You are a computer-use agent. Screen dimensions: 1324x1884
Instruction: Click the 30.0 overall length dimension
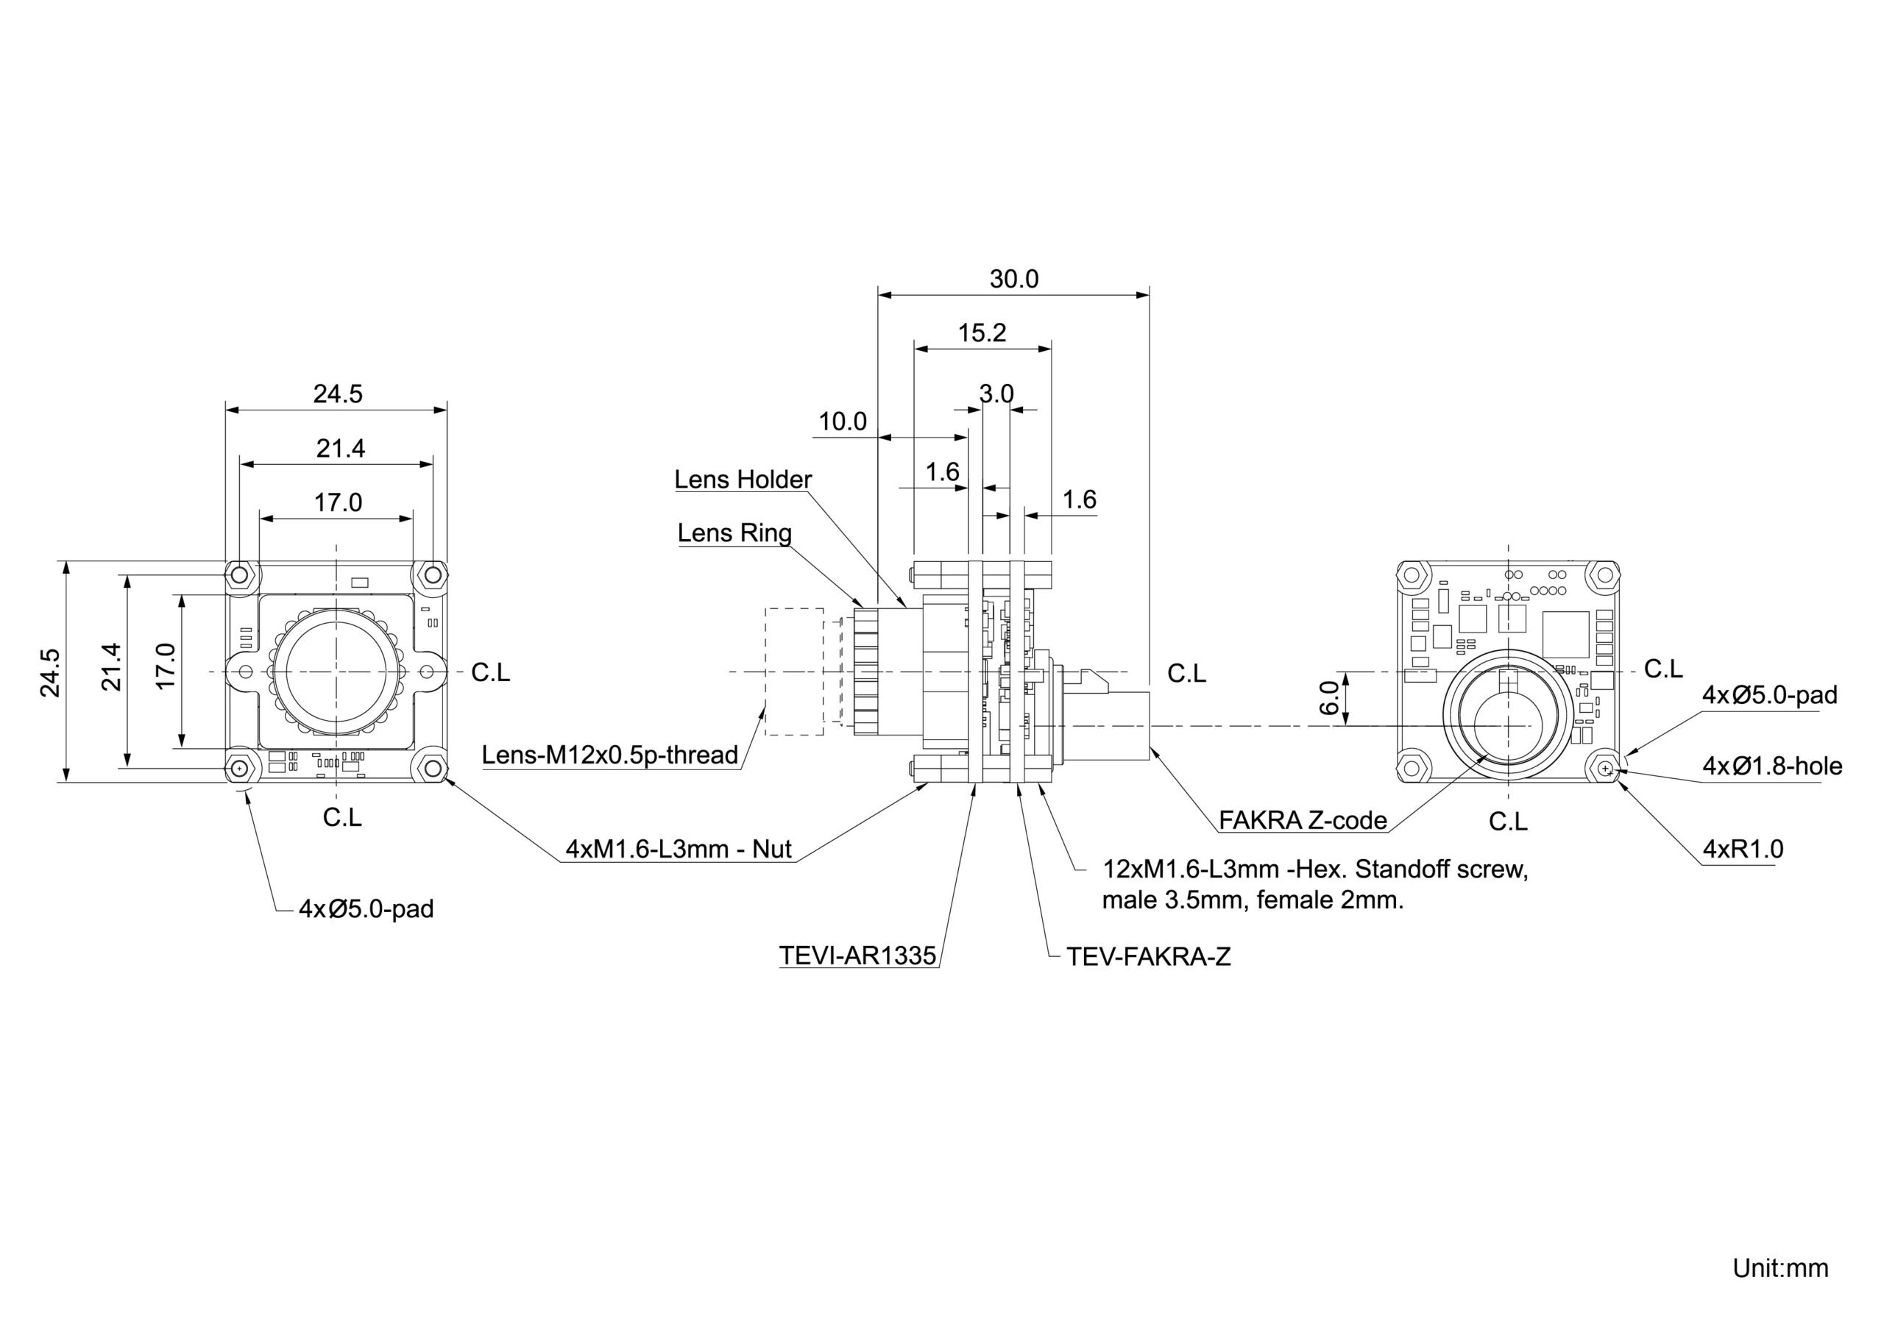pyautogui.click(x=1013, y=280)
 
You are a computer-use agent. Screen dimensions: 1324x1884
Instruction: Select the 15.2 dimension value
pyautogui.click(x=982, y=333)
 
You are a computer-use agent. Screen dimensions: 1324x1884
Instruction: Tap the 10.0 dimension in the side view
pyautogui.click(x=843, y=421)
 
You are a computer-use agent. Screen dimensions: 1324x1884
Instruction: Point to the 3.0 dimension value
pyautogui.click(x=996, y=394)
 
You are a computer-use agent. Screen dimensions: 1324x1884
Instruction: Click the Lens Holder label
pyautogui.click(x=743, y=480)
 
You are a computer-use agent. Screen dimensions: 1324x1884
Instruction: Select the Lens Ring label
pyautogui.click(x=734, y=533)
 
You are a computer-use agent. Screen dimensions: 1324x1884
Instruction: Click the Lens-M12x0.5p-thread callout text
pyautogui.click(x=609, y=755)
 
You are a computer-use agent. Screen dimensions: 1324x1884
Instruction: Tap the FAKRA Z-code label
pyautogui.click(x=1302, y=820)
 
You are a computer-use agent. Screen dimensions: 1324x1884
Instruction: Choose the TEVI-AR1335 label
pyautogui.click(x=857, y=955)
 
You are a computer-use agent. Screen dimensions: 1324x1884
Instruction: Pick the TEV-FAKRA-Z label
pyautogui.click(x=1148, y=956)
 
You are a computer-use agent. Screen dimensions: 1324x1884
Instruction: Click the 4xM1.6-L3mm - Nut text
pyautogui.click(x=679, y=849)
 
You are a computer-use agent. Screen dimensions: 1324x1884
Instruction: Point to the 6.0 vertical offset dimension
pyautogui.click(x=1330, y=697)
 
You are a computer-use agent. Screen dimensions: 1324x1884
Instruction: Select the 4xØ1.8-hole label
pyautogui.click(x=1771, y=766)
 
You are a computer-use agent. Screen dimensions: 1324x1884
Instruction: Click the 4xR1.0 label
pyautogui.click(x=1743, y=849)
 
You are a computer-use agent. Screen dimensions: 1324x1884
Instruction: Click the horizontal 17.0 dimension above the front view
pyautogui.click(x=337, y=503)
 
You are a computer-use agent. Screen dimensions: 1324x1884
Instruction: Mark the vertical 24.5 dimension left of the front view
pyautogui.click(x=50, y=672)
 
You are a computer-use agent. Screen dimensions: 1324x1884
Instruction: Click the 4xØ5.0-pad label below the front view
pyautogui.click(x=366, y=909)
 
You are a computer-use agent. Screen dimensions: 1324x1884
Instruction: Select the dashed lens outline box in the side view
pyautogui.click(x=794, y=672)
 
